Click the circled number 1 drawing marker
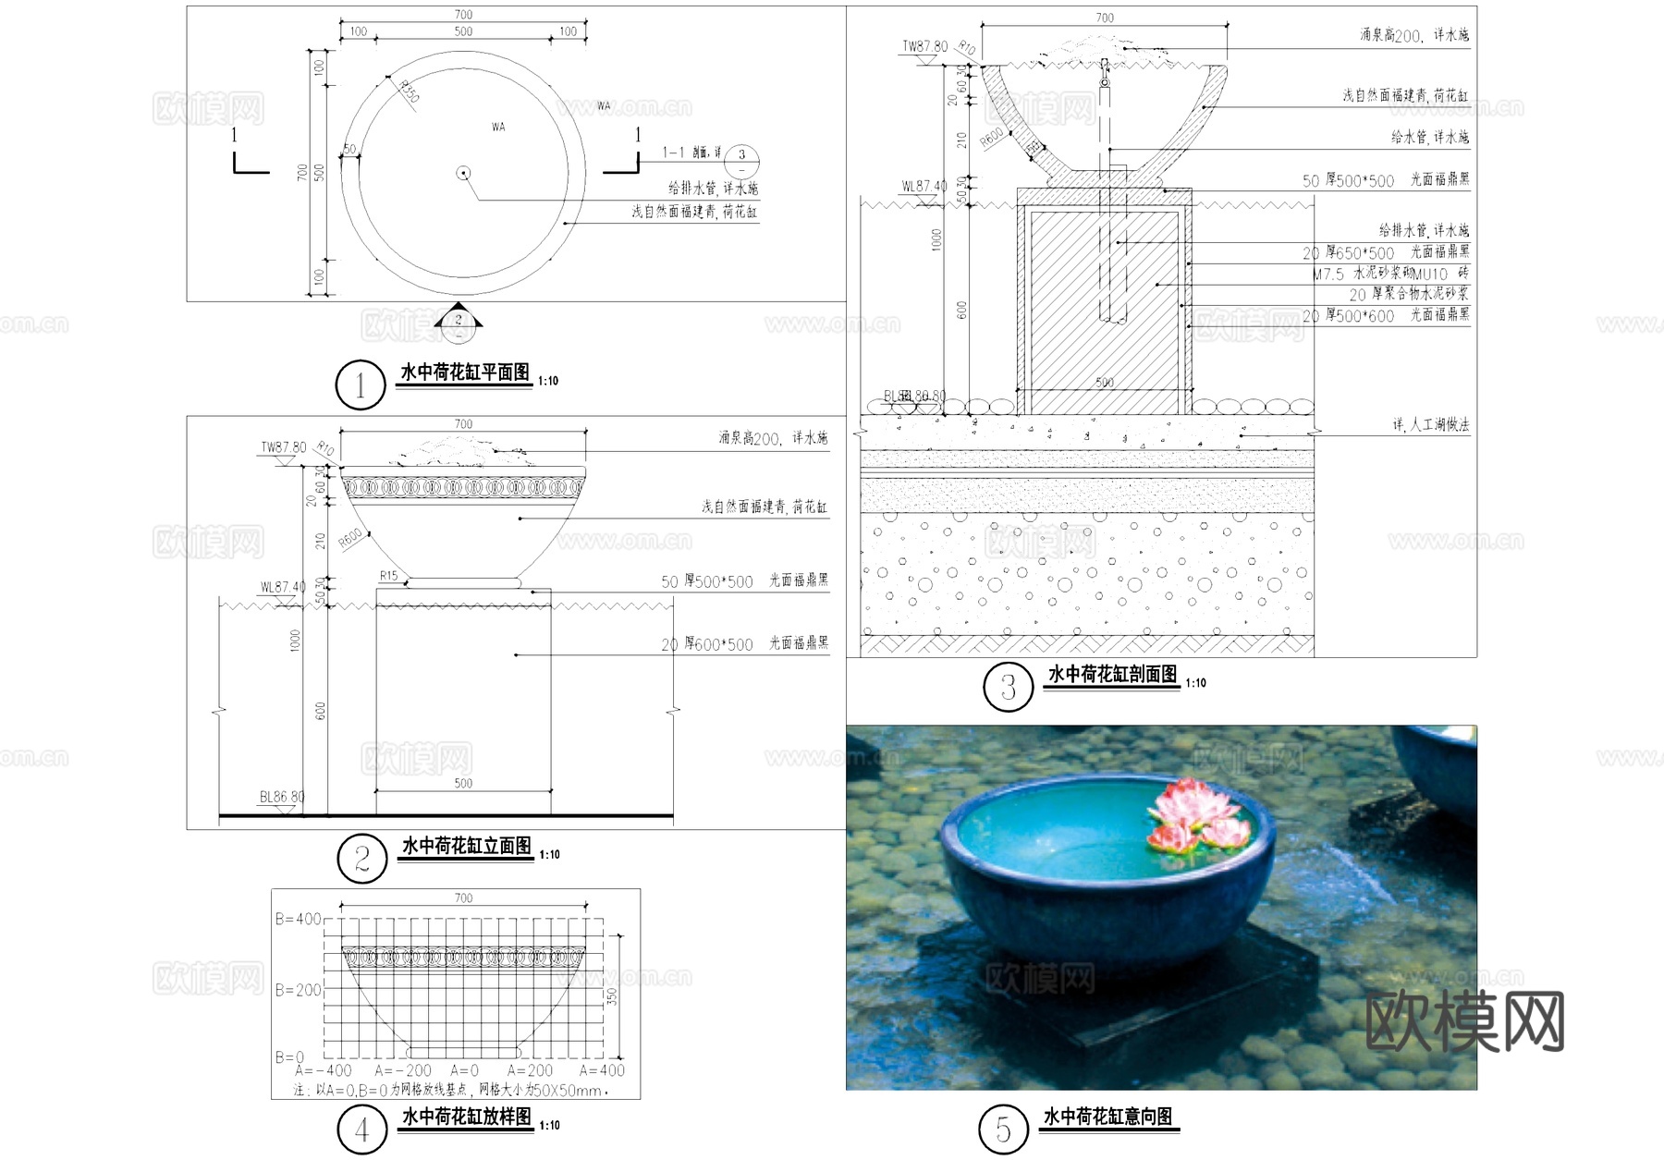(x=361, y=385)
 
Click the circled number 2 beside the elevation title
(x=361, y=859)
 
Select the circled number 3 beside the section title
(x=1008, y=687)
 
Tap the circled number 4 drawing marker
(x=361, y=1129)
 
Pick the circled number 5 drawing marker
(x=1003, y=1129)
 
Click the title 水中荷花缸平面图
(x=464, y=372)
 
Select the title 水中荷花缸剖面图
(x=1112, y=675)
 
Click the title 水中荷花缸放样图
(x=467, y=1117)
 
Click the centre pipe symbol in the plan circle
(x=463, y=173)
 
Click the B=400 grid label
(x=298, y=919)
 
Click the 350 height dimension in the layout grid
(x=611, y=997)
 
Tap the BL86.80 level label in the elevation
(x=282, y=797)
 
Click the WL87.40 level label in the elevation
(x=282, y=587)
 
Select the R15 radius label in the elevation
(x=389, y=576)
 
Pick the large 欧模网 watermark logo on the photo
(x=1464, y=1020)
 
